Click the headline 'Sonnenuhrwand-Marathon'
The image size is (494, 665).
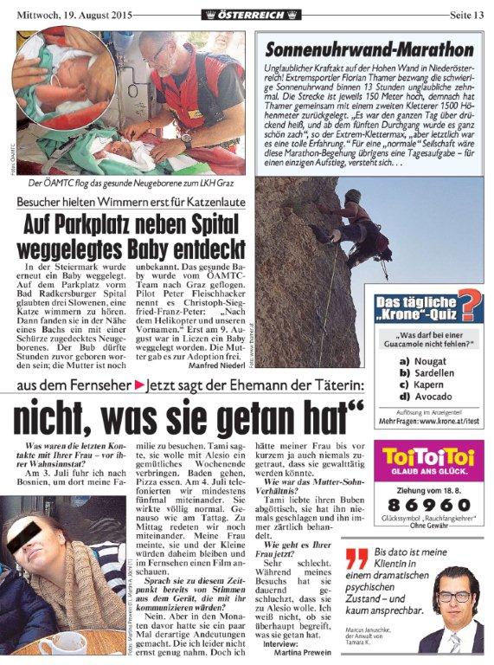pos(369,49)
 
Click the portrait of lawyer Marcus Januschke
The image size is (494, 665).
pos(452,597)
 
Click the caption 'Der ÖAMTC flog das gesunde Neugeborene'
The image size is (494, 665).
pos(130,184)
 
